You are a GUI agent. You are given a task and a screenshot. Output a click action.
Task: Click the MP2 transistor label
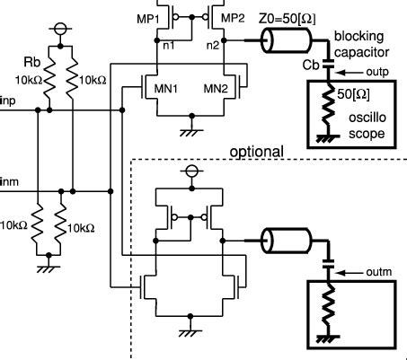click(x=233, y=17)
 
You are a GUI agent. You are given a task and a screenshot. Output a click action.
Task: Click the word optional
click(x=257, y=152)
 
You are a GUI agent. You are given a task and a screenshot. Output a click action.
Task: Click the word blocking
click(x=358, y=37)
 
